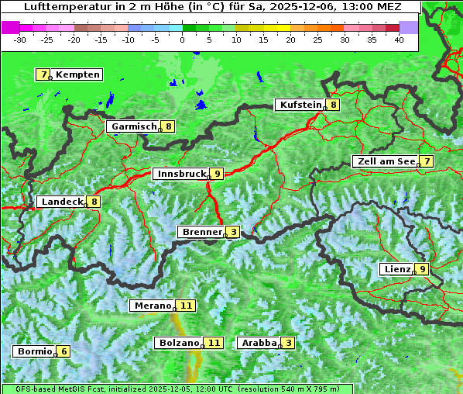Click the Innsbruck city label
click(x=180, y=174)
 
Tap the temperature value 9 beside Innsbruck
click(x=218, y=174)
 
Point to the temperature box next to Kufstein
click(x=333, y=105)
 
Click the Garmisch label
click(x=134, y=126)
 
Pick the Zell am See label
click(x=385, y=161)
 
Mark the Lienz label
click(x=396, y=269)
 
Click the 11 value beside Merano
click(x=186, y=306)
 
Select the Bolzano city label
click(x=179, y=343)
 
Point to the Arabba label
click(x=259, y=343)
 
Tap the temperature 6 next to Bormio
click(x=64, y=351)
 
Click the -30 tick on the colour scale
click(x=20, y=40)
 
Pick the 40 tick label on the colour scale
click(x=399, y=40)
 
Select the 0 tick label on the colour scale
click(x=183, y=40)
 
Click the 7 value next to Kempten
click(x=43, y=74)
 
